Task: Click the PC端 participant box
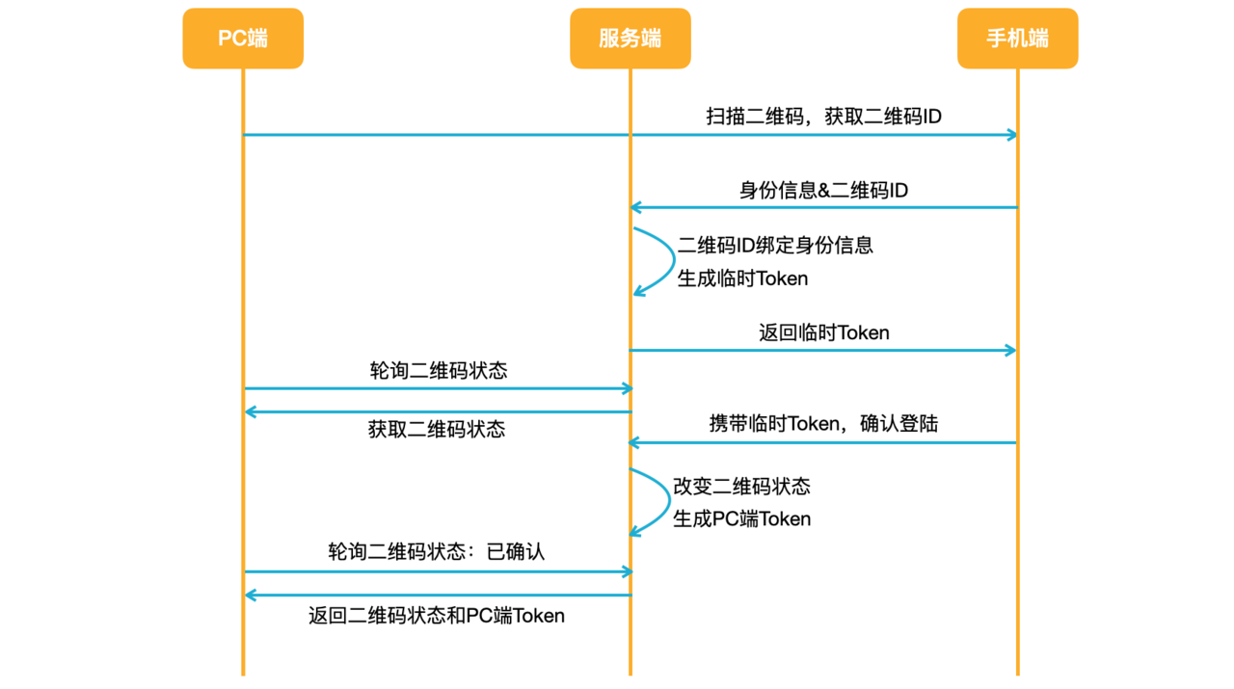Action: click(x=243, y=39)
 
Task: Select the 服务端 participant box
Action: click(x=630, y=39)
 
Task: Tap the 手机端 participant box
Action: click(x=1017, y=39)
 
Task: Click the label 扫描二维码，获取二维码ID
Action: click(x=823, y=117)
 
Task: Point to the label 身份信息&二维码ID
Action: click(x=823, y=191)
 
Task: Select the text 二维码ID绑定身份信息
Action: click(x=775, y=245)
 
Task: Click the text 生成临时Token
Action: click(x=742, y=279)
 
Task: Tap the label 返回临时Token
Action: click(x=823, y=333)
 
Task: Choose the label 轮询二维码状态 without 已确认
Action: click(x=439, y=371)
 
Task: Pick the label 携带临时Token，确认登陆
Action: click(x=823, y=423)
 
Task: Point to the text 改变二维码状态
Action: click(x=741, y=486)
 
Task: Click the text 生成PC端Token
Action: click(x=741, y=519)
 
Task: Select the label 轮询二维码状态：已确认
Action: click(x=437, y=553)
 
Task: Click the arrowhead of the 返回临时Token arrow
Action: click(x=1011, y=351)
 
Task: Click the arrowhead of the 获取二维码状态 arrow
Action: click(x=250, y=412)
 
